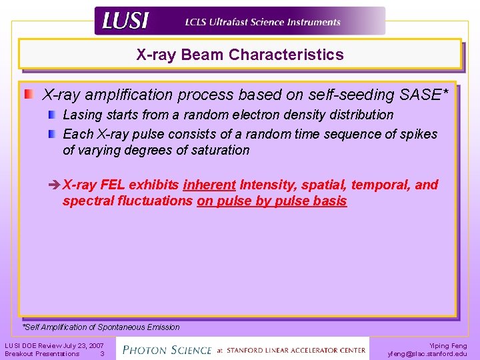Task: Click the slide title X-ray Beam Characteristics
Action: [x=240, y=55]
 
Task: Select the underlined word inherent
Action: [x=209, y=185]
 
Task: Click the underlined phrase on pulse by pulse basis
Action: [x=272, y=201]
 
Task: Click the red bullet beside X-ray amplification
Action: [x=29, y=95]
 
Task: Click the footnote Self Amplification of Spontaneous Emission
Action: [x=101, y=327]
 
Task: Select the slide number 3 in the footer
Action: [x=102, y=353]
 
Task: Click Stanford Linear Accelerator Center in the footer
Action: [x=296, y=350]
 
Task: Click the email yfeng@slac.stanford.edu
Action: [x=427, y=353]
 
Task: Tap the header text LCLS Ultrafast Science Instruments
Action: [x=263, y=21]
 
